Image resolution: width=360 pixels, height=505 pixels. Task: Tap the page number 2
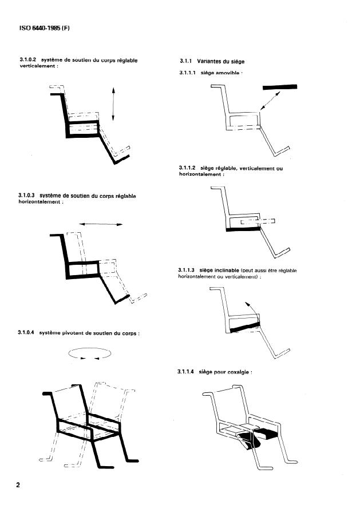pos(18,486)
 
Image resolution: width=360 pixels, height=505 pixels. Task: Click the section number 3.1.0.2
pos(28,60)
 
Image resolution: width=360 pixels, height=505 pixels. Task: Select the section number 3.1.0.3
pos(28,196)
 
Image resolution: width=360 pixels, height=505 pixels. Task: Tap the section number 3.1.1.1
pos(188,73)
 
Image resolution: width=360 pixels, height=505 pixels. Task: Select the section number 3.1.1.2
pos(188,169)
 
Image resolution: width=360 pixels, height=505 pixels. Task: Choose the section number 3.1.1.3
pos(188,270)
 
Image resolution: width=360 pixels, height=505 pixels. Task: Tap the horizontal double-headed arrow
pos(101,224)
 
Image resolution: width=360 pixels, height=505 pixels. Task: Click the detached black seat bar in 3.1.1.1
pos(280,87)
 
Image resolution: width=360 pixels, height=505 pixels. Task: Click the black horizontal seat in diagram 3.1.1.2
pos(244,228)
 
